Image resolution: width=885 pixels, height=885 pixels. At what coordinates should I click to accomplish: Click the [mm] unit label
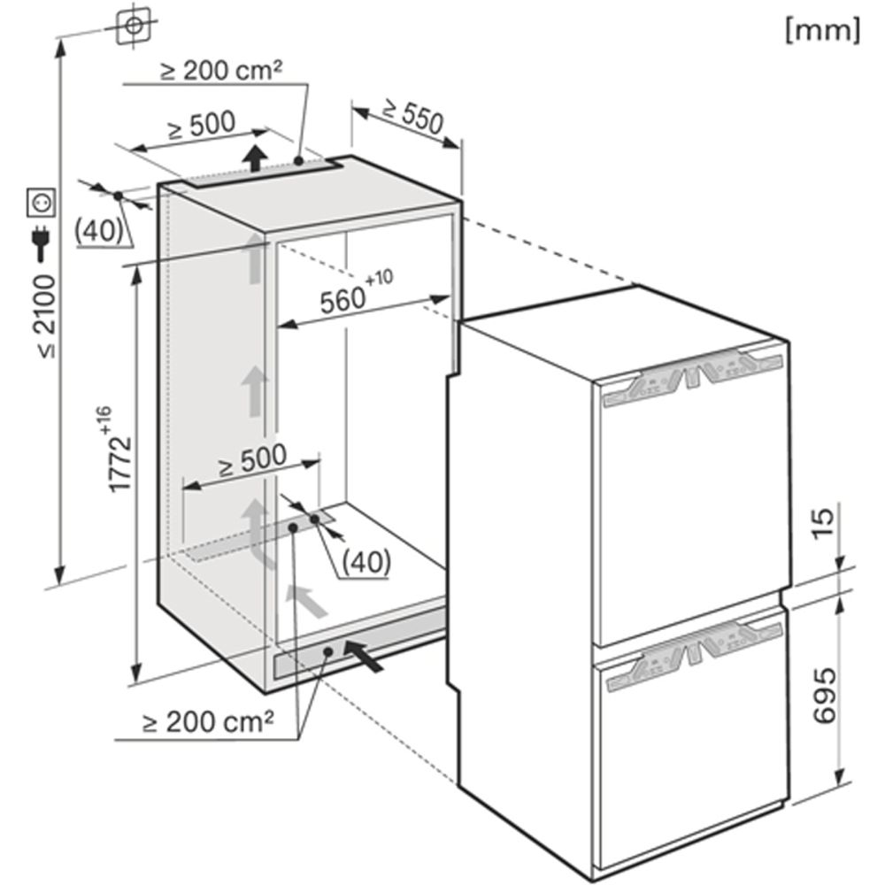pyautogui.click(x=823, y=31)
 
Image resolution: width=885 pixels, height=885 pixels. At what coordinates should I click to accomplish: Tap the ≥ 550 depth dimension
pyautogui.click(x=413, y=117)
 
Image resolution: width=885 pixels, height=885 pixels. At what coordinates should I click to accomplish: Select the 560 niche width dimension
pyautogui.click(x=342, y=301)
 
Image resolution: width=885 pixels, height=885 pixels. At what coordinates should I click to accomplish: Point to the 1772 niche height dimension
pyautogui.click(x=119, y=464)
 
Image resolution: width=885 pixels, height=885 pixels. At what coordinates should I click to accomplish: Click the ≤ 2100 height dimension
pyautogui.click(x=46, y=317)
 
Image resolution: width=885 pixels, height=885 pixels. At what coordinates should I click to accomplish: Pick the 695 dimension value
pyautogui.click(x=825, y=696)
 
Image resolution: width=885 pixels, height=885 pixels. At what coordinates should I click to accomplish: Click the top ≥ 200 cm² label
pyautogui.click(x=220, y=71)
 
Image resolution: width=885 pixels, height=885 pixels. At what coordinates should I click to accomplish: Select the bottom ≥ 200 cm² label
pyautogui.click(x=208, y=722)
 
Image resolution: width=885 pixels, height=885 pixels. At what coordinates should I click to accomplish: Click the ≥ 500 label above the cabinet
pyautogui.click(x=202, y=126)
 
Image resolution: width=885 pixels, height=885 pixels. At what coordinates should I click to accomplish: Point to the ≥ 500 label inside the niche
pyautogui.click(x=253, y=460)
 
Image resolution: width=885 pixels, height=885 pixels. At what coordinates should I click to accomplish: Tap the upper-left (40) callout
pyautogui.click(x=99, y=230)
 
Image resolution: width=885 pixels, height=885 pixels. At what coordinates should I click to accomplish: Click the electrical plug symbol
pyautogui.click(x=42, y=244)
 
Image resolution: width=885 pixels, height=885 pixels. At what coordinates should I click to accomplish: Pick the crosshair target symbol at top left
pyautogui.click(x=134, y=26)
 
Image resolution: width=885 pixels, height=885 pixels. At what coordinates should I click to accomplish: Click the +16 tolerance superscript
pyautogui.click(x=104, y=419)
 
